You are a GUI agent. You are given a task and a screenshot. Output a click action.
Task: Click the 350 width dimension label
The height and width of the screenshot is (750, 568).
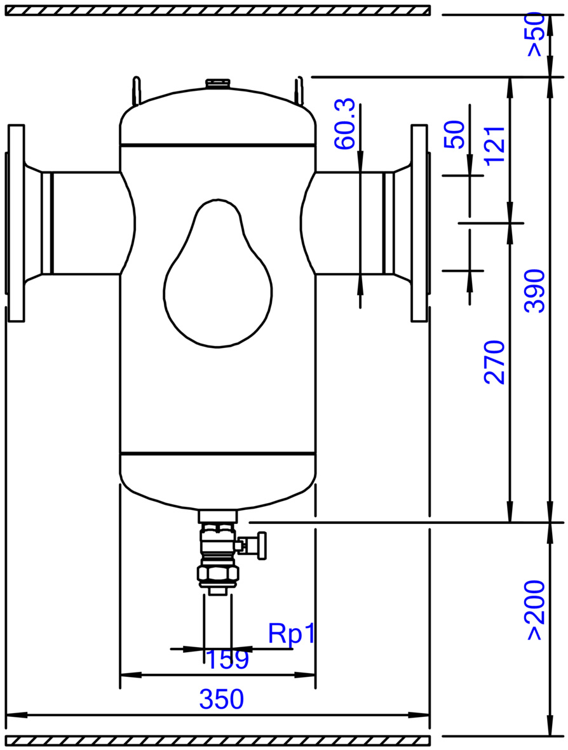221,699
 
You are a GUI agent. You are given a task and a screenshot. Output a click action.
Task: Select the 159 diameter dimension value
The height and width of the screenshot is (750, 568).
227,659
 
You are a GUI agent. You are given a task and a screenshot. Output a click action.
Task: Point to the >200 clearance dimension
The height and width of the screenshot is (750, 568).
535,610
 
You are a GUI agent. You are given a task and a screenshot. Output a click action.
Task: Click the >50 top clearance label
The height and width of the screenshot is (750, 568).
535,34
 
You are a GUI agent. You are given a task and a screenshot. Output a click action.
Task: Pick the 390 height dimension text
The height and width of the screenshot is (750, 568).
534,291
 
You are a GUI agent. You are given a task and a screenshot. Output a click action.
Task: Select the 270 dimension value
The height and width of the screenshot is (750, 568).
494,362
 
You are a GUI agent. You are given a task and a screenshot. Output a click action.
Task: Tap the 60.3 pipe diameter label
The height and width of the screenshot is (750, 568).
344,124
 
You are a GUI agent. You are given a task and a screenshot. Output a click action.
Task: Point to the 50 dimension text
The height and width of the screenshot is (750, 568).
454,135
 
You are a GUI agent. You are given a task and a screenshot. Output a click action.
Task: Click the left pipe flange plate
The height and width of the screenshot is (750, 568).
17,223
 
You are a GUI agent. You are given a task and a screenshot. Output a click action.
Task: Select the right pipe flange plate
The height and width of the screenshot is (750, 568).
419,223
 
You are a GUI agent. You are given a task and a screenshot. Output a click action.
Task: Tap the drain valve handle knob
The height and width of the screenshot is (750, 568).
262,546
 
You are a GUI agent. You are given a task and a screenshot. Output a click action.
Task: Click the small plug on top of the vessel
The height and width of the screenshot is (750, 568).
217,84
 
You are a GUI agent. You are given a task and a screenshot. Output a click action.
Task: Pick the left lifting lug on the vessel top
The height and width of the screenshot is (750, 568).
137,90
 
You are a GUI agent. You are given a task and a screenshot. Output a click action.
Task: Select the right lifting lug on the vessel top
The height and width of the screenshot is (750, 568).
299,90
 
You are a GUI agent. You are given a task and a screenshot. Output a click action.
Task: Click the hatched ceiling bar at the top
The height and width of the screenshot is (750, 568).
218,11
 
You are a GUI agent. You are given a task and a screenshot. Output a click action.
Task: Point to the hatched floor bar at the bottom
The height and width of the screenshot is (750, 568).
218,741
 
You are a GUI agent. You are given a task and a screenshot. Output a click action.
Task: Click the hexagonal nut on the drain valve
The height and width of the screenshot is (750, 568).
217,573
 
